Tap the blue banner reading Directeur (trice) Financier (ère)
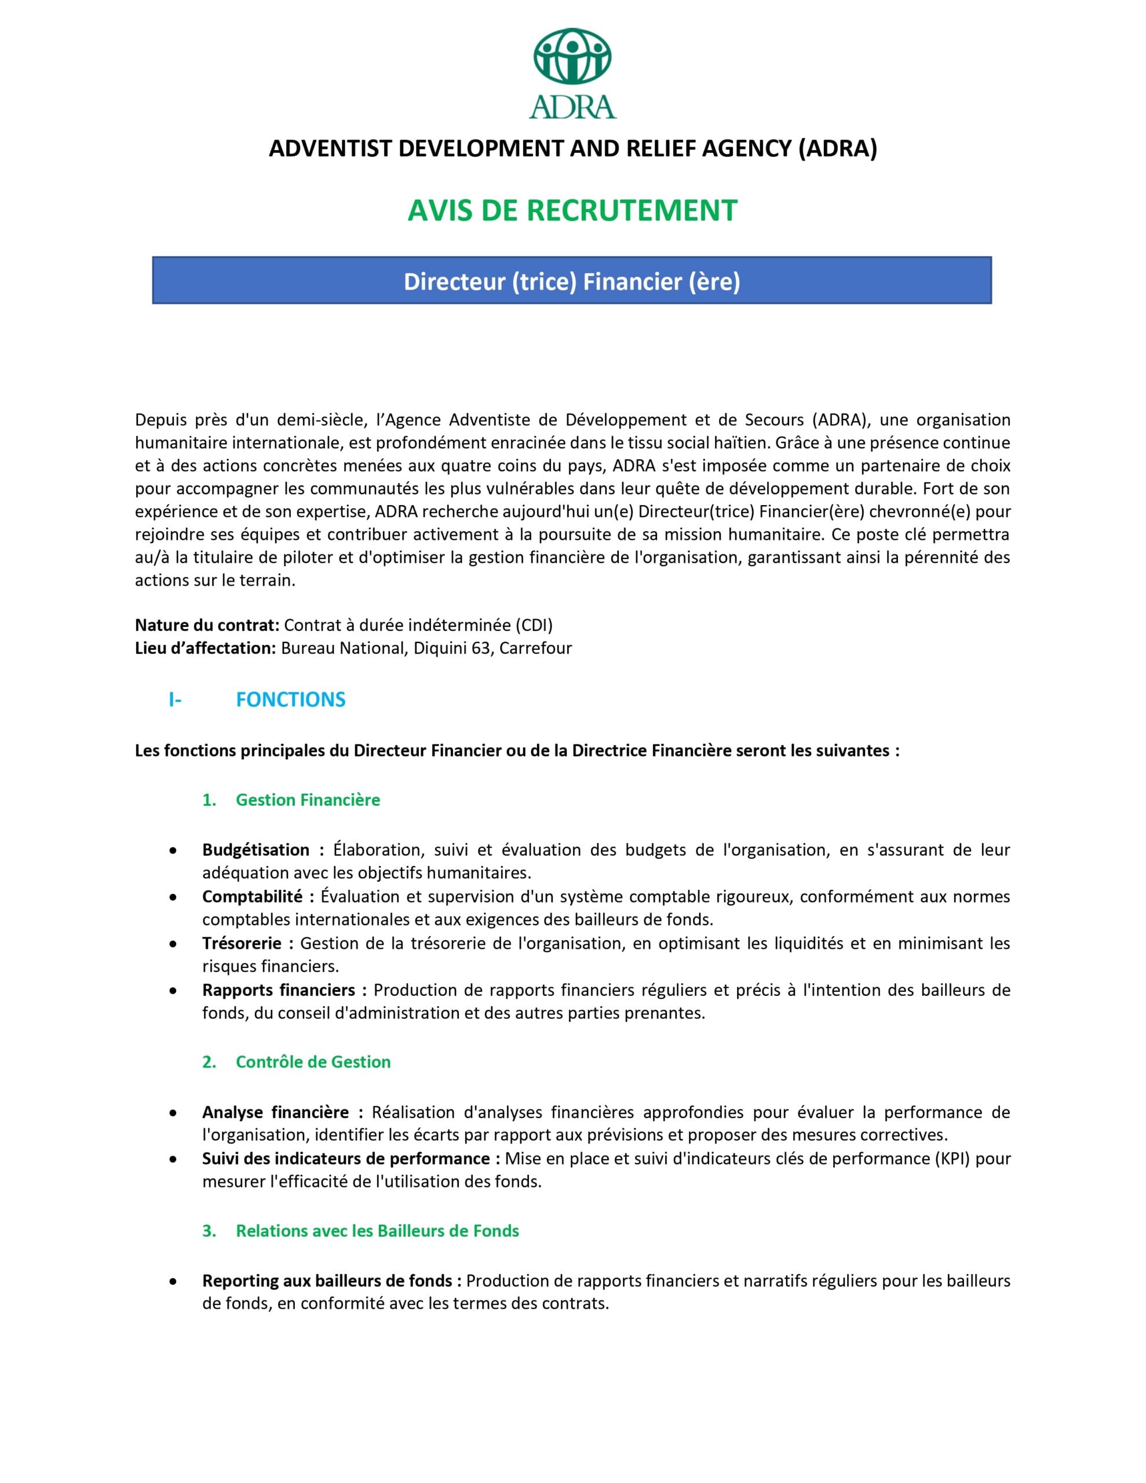pos(571,280)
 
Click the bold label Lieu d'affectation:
pos(205,648)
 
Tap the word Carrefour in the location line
pos(535,648)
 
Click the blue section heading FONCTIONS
pos(290,699)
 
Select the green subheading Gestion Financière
pos(308,800)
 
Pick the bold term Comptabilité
pos(252,896)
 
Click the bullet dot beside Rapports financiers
pos(174,991)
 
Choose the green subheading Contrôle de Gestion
pos(313,1062)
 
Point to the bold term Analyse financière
pos(275,1112)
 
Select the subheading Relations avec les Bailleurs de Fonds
pos(377,1230)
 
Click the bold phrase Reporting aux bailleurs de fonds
pos(327,1281)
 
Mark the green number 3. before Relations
pos(209,1230)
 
